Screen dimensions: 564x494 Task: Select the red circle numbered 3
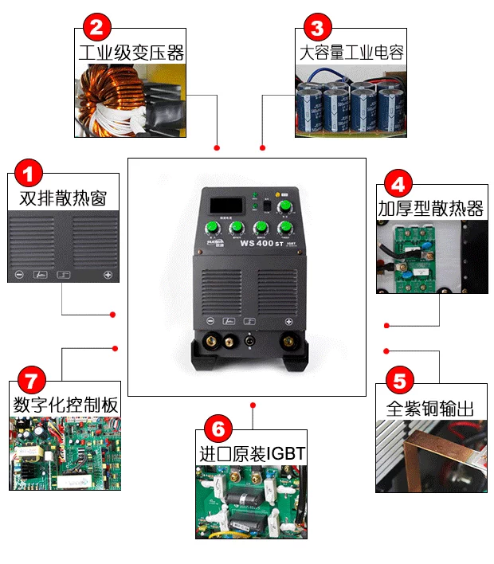coord(317,29)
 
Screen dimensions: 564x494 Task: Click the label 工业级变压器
coord(131,54)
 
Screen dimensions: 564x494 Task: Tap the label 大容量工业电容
coord(351,54)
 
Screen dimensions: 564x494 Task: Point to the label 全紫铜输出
coord(430,409)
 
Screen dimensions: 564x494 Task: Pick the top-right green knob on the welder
coord(284,208)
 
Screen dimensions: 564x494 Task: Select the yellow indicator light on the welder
coord(276,194)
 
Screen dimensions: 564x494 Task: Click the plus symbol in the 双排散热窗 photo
coord(108,275)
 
